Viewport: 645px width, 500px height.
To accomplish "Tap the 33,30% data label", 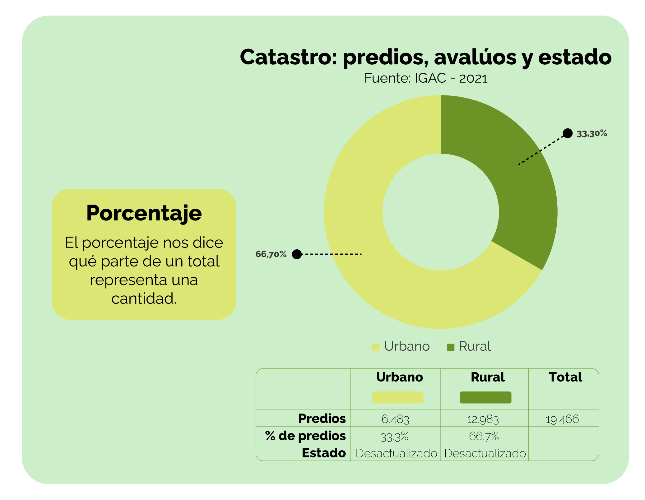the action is (592, 134).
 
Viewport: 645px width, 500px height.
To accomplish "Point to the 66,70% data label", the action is (271, 254).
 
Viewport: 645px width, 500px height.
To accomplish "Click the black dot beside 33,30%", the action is (568, 133).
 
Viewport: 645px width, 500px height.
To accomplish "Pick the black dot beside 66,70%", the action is (297, 254).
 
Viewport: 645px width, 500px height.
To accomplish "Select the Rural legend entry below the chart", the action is (469, 346).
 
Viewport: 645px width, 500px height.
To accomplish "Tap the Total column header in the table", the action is (565, 377).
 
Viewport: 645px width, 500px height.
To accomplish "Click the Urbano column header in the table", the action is (400, 377).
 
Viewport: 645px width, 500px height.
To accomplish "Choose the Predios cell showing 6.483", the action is (395, 419).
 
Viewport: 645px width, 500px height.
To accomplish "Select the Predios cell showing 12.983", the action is (483, 419).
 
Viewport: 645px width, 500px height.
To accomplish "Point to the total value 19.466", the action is (562, 419).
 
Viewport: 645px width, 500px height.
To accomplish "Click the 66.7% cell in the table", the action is (484, 436).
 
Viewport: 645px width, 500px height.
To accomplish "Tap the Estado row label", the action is (324, 453).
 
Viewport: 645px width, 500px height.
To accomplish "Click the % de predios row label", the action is (305, 436).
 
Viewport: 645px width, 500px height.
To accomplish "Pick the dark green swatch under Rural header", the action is (485, 397).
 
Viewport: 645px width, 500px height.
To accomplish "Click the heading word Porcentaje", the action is (144, 214).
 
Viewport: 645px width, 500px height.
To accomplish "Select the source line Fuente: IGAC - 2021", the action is (426, 78).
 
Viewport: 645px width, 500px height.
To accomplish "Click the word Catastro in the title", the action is (289, 57).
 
